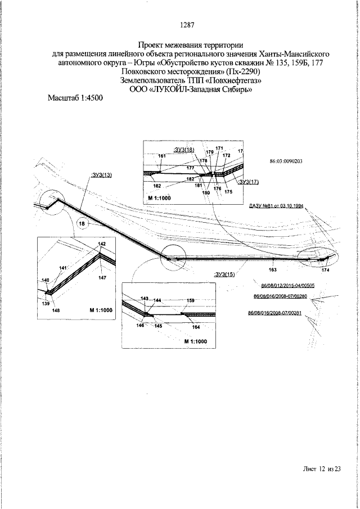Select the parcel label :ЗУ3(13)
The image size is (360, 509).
pos(101,175)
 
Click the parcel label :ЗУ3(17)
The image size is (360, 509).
pos(249,182)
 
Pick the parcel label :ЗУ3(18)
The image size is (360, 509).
pos(183,150)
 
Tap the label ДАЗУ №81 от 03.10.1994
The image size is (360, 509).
pos(276,206)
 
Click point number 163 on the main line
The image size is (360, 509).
pos(272,263)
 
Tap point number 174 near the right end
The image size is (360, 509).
pos(325,271)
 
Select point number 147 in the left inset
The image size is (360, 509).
pos(102,277)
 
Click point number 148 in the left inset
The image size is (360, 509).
pos(56,310)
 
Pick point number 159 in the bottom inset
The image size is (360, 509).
pos(190,301)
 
